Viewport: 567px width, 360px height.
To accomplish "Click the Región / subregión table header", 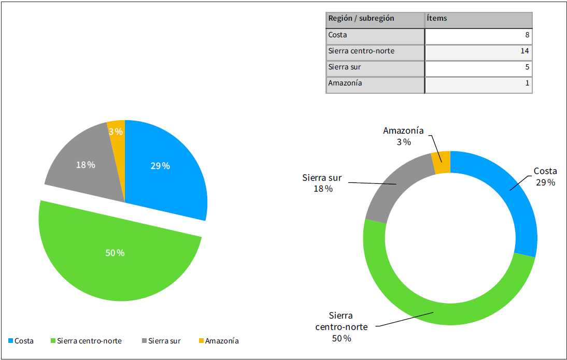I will tap(361, 19).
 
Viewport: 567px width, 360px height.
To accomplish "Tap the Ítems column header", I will tap(436, 19).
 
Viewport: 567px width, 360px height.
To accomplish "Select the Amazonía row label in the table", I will tap(345, 83).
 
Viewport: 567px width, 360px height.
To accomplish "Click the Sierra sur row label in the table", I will tap(344, 67).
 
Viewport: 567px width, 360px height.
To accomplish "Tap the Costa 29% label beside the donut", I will tap(545, 177).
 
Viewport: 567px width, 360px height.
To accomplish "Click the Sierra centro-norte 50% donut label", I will tap(342, 327).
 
